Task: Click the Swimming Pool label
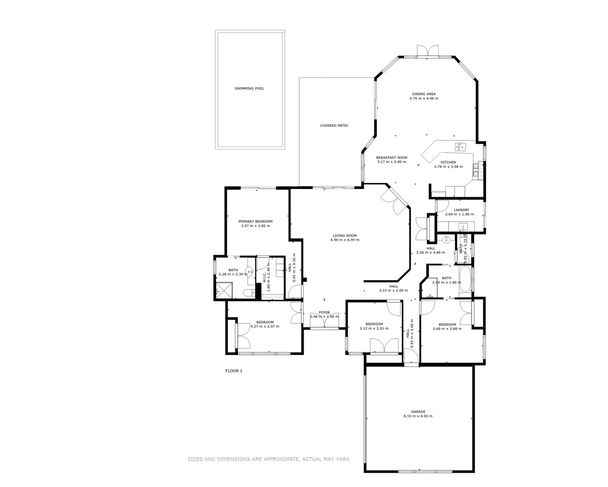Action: point(249,88)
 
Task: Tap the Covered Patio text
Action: point(334,125)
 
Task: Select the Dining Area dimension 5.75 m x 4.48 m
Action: point(423,98)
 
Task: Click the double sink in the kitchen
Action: point(459,146)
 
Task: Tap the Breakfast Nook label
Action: point(391,157)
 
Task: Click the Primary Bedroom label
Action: point(255,221)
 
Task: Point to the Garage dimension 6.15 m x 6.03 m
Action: point(417,416)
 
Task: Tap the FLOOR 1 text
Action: point(234,371)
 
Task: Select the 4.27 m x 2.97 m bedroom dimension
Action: point(264,326)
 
